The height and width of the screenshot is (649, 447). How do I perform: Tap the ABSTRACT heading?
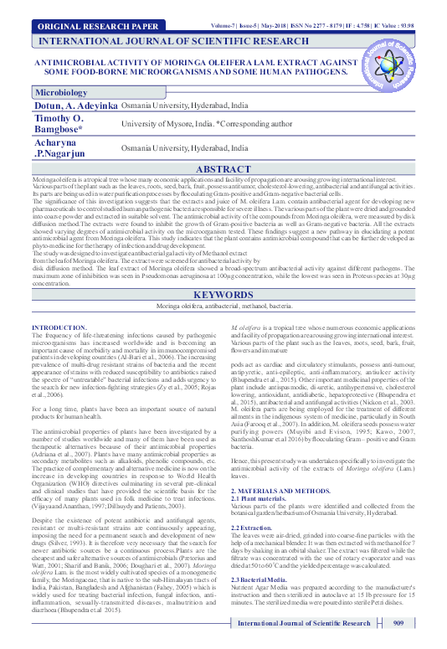point(223,169)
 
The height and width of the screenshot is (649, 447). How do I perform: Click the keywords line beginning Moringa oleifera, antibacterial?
point(223,286)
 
